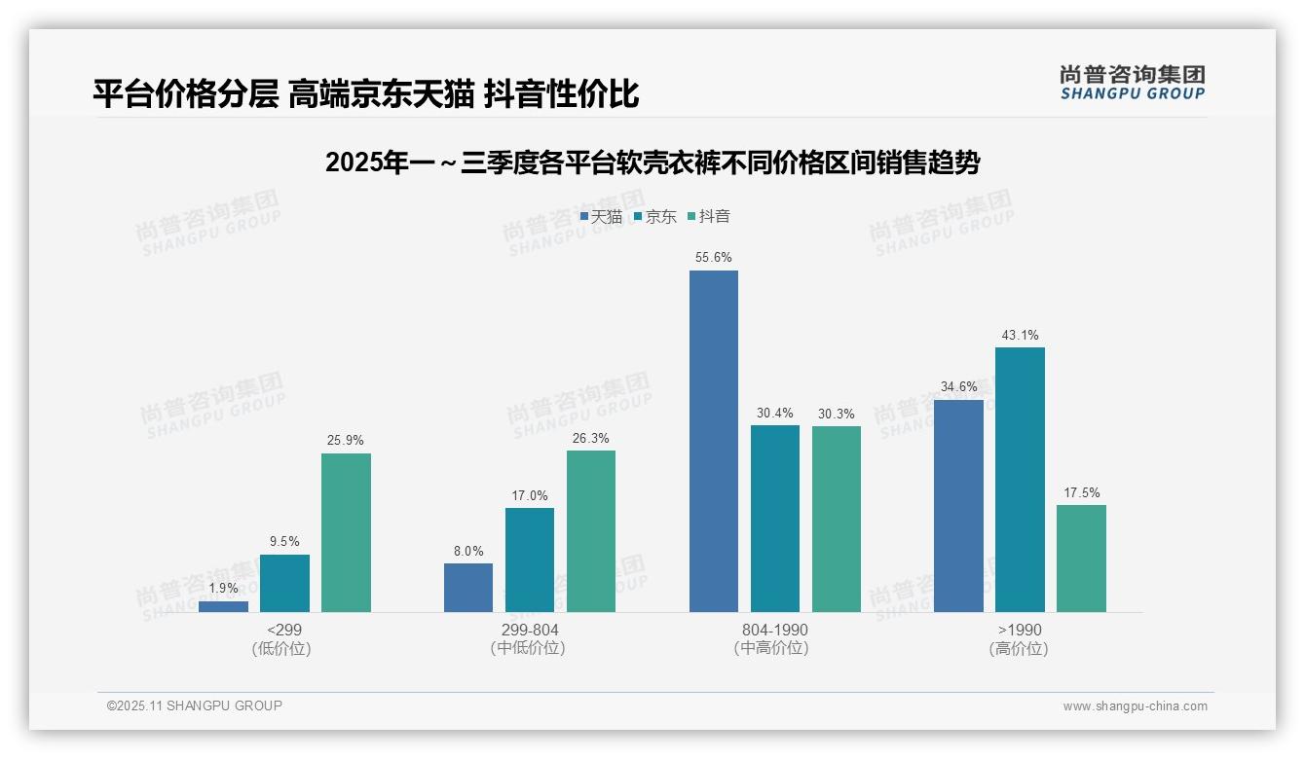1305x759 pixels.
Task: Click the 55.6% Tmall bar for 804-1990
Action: click(713, 441)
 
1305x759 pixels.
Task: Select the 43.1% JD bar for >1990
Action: click(1020, 480)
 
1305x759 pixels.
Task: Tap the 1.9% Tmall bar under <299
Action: click(223, 606)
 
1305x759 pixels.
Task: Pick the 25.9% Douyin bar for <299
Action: click(346, 532)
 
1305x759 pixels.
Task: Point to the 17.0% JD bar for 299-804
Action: click(529, 560)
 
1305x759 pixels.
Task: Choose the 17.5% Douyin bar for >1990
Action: click(1081, 558)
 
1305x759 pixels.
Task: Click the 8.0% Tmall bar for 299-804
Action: click(468, 588)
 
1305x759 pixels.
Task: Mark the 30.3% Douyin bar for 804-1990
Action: click(836, 519)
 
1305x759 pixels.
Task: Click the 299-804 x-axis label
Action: click(529, 630)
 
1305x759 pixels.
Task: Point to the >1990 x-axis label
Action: click(1020, 630)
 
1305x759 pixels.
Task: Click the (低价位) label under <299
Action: click(283, 648)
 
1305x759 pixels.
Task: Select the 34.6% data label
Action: click(958, 387)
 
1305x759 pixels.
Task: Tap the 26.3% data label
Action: click(591, 439)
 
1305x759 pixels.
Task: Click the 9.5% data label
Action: click(284, 542)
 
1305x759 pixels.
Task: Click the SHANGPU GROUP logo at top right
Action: click(1132, 83)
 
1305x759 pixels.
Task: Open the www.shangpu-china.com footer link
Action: click(1135, 706)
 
